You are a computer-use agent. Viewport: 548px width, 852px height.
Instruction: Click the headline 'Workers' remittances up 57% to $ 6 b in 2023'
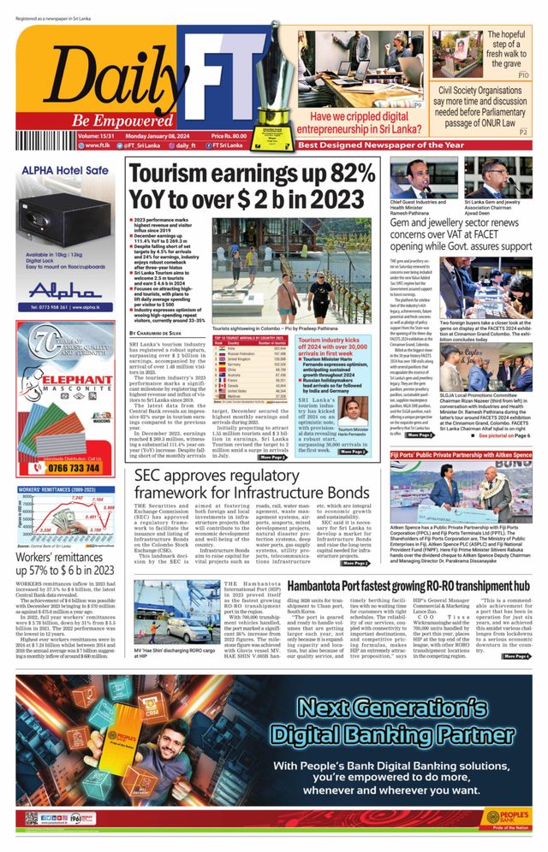point(65,564)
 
